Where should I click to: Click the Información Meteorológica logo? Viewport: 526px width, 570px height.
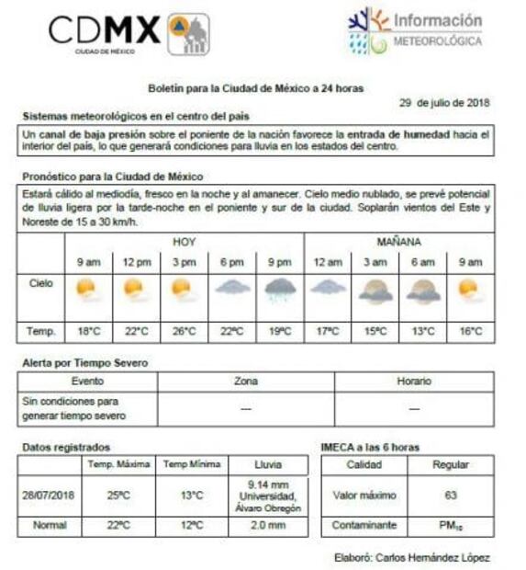[416, 31]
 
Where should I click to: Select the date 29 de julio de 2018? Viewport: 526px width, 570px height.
[444, 102]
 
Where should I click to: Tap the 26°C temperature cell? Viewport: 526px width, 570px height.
[183, 331]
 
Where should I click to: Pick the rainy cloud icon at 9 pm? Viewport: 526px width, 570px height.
[279, 291]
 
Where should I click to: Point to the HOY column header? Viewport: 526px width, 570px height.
[184, 243]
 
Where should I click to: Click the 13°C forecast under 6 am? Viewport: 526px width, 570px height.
[422, 331]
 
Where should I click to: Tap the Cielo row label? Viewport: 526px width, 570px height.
[40, 284]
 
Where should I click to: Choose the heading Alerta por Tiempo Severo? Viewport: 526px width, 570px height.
[85, 363]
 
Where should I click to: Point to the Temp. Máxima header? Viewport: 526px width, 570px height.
[119, 464]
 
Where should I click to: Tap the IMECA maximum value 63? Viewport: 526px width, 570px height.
[451, 496]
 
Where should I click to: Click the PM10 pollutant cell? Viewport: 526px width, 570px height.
[451, 526]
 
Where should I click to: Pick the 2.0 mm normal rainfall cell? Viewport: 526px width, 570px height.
[268, 526]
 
